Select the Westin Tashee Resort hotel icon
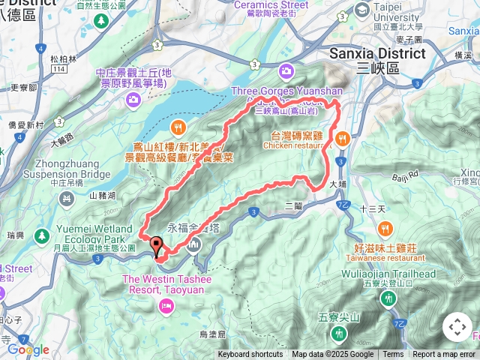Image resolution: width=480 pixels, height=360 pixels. (x=166, y=304)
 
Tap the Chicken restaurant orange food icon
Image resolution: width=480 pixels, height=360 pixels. (x=342, y=137)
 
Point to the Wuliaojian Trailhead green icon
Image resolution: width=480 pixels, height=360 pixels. (x=388, y=298)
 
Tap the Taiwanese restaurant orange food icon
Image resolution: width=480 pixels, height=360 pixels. (x=385, y=228)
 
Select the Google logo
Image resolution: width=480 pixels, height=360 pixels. (x=28, y=349)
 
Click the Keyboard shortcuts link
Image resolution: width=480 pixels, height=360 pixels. (x=250, y=355)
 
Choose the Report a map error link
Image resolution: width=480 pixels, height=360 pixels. (x=443, y=355)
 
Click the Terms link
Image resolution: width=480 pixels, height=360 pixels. (x=393, y=355)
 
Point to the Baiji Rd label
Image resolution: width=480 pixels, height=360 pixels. (x=406, y=178)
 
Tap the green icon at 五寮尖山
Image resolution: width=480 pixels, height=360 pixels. (x=340, y=332)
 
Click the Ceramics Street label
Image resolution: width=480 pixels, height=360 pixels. (x=274, y=4)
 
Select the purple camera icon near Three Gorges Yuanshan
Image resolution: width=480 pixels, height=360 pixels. (x=286, y=71)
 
